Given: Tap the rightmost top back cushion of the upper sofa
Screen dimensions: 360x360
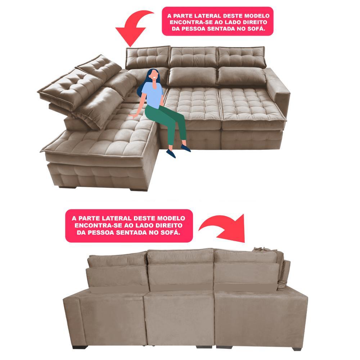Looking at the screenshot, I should [241, 56].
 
